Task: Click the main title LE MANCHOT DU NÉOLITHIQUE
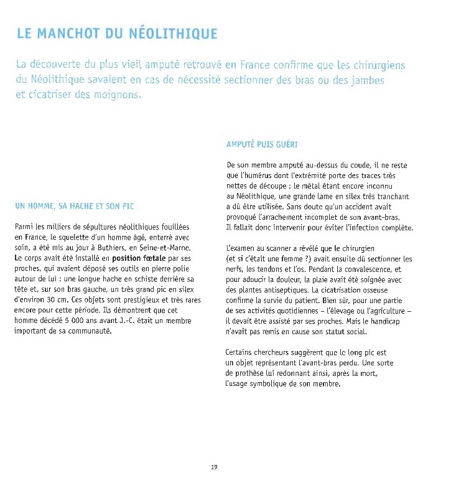click(118, 34)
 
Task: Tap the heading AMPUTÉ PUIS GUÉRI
click(262, 145)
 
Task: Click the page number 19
click(214, 466)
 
